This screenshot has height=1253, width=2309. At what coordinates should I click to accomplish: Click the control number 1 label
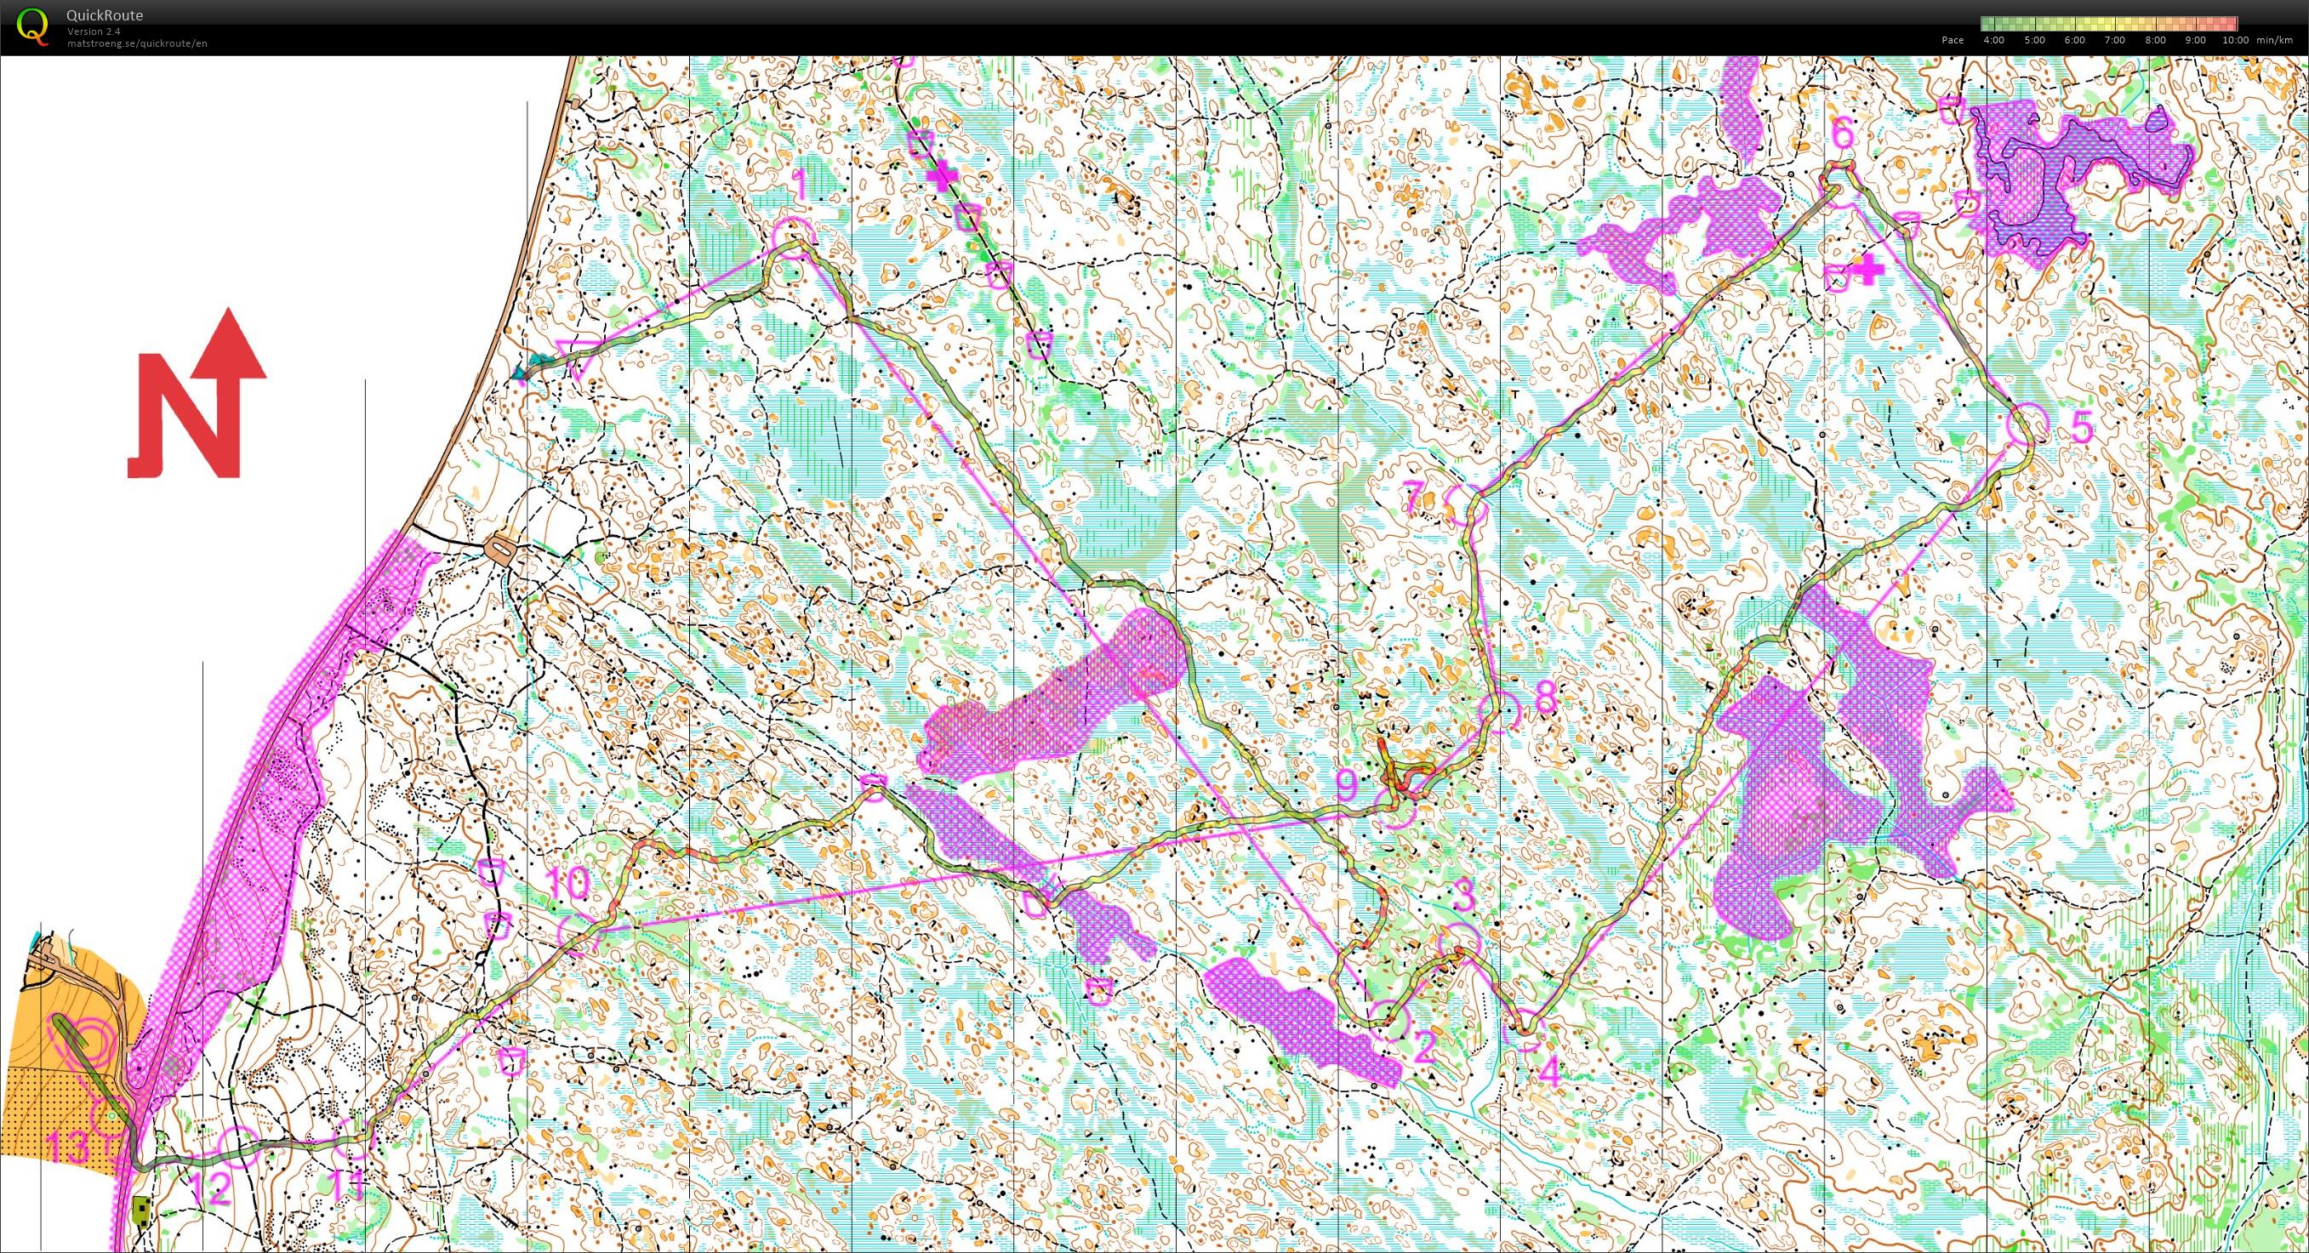click(x=801, y=186)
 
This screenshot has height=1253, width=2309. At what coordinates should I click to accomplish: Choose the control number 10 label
click(x=567, y=883)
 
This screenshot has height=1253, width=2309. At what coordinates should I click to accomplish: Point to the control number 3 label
click(x=1462, y=895)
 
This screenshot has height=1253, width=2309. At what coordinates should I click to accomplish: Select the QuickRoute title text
click(x=104, y=15)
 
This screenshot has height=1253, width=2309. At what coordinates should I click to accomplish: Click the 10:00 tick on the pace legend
click(x=2236, y=40)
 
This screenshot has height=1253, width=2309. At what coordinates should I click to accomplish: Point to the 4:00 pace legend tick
click(x=1993, y=40)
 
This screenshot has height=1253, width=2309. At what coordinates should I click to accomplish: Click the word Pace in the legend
click(x=1953, y=40)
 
